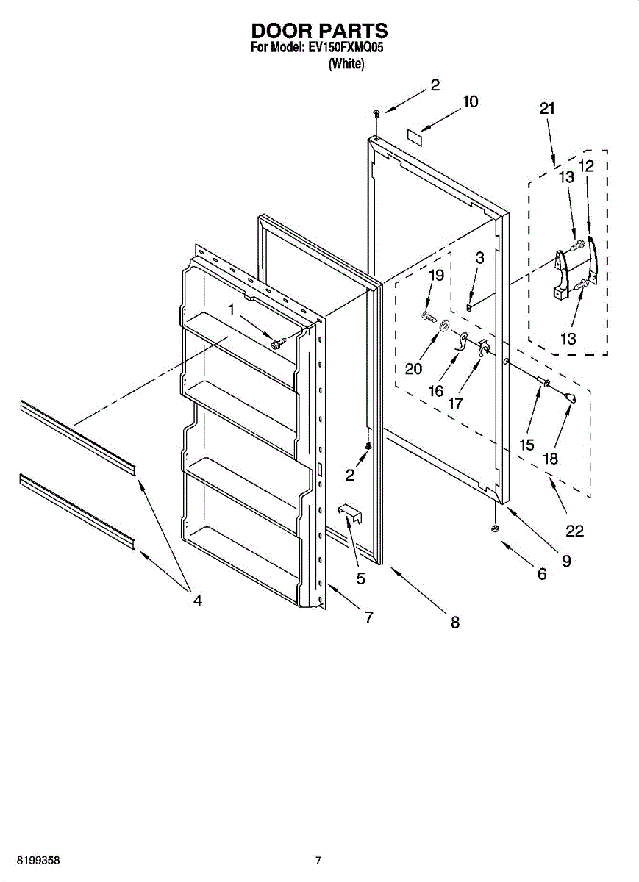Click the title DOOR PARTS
319,31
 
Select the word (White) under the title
346,64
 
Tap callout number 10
470,101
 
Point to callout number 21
546,109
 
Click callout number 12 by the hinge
586,166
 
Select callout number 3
479,257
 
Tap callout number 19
436,276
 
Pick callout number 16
436,391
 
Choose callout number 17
456,403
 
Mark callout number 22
575,531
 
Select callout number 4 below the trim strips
197,600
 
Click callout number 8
455,623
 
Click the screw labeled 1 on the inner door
277,343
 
